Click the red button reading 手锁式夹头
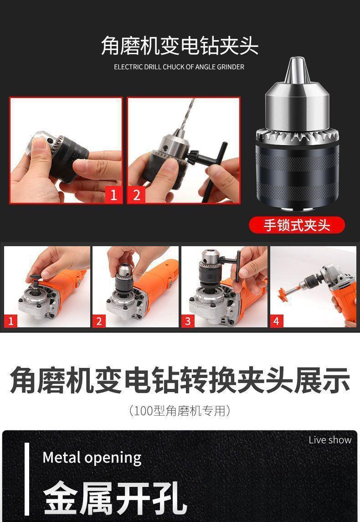pos(297,225)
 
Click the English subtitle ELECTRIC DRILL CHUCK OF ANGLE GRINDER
pos(179,67)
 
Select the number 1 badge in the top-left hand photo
pos(113,195)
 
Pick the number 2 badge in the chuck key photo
pos(136,195)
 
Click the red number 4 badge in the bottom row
pos(276,321)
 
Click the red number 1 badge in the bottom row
pos(10,321)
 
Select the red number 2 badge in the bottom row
pos(99,321)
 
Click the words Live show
pos(330,440)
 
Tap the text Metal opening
pos(92,458)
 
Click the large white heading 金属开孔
pos(115,497)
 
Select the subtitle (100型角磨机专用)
pos(180,410)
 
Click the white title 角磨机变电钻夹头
pos(180,46)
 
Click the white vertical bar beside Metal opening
pos(26,479)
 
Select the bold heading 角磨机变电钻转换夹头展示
pos(180,380)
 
